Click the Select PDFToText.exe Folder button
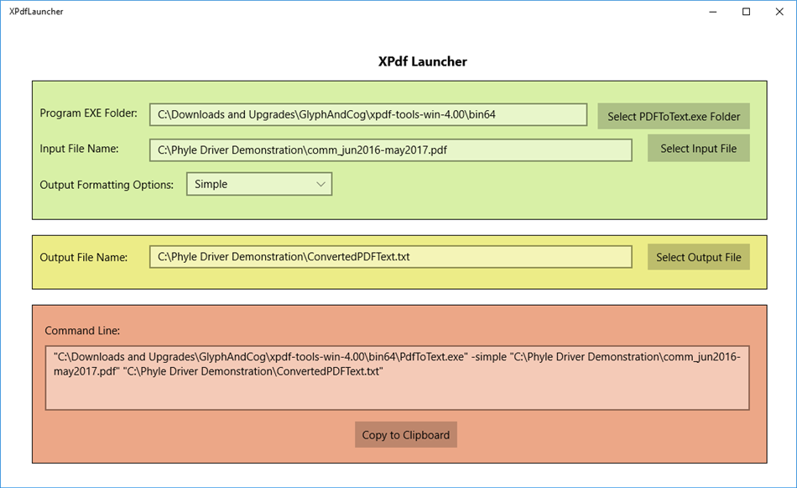coord(673,117)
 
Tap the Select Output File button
coord(698,257)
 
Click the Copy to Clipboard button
coord(406,435)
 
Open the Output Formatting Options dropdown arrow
coord(320,184)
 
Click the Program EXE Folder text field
coord(368,114)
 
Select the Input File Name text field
coord(391,150)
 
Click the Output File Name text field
coord(391,257)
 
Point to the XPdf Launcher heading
coord(422,61)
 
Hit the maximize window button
coord(746,12)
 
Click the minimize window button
coord(712,12)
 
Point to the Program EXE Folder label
coord(88,113)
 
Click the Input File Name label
coord(79,149)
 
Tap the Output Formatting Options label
coord(107,184)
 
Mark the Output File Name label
coord(83,257)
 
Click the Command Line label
coord(82,330)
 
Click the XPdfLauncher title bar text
coord(36,12)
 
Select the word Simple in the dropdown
coord(211,184)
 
